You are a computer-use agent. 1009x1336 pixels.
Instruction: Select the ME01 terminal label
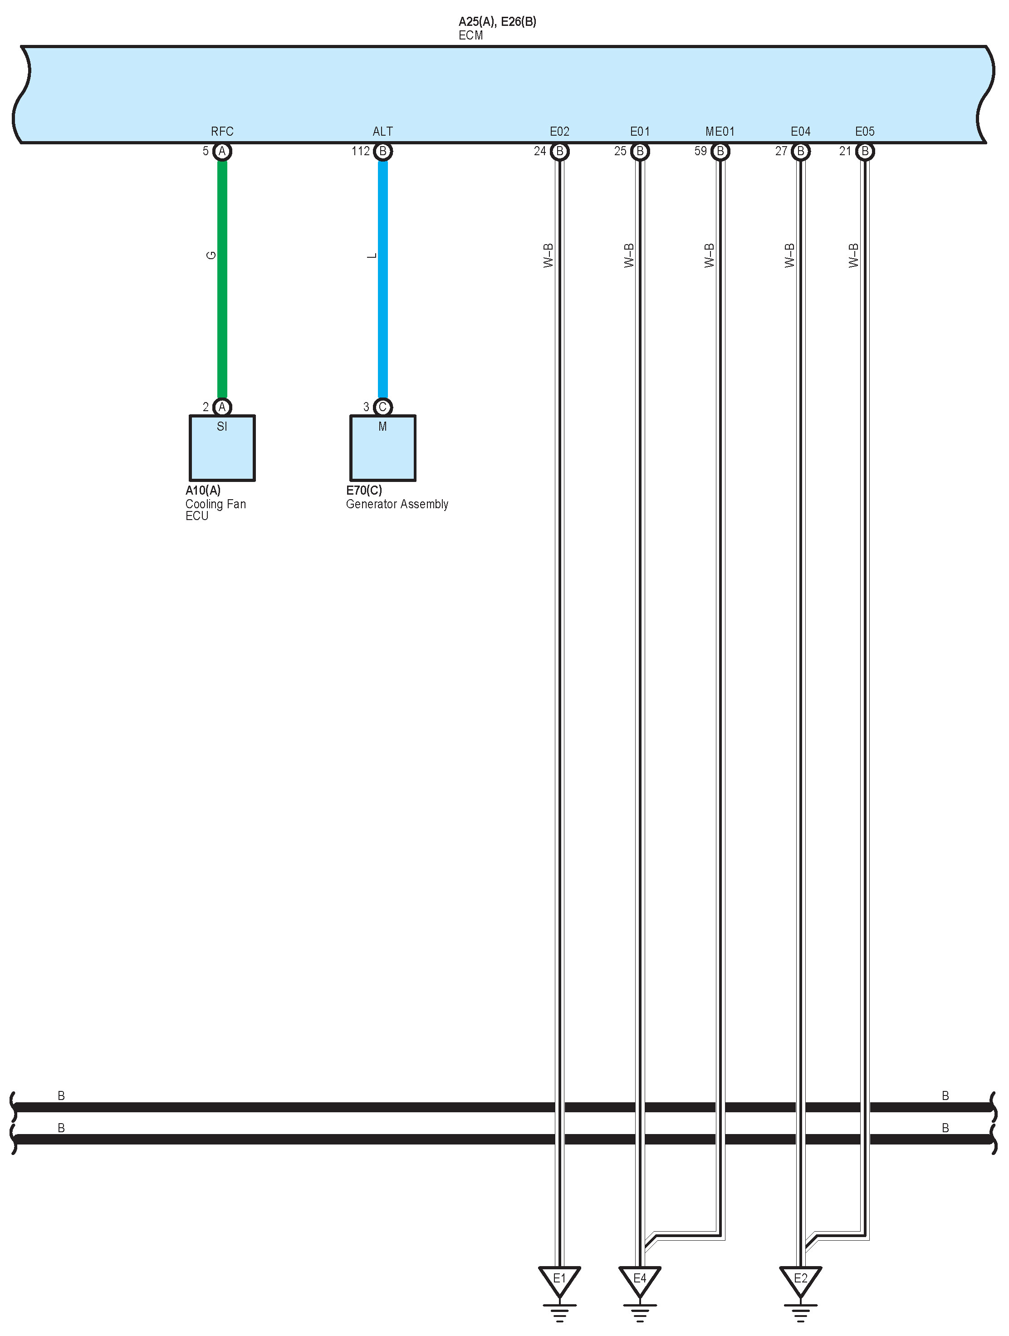tap(720, 132)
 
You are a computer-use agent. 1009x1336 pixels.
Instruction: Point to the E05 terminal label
tap(864, 132)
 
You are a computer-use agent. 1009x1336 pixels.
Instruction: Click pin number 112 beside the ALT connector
tap(361, 151)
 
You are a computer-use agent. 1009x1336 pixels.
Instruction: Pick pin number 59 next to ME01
tap(700, 151)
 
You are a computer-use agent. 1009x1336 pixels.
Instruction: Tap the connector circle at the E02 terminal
tap(560, 151)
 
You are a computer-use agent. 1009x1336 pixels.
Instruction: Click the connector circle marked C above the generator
tap(382, 407)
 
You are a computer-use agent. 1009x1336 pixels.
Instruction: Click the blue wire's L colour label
tap(372, 255)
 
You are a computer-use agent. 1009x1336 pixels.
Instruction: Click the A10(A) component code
tap(203, 491)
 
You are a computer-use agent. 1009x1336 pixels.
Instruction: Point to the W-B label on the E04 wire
tap(790, 255)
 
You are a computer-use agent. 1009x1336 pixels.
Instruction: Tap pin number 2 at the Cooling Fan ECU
tap(206, 407)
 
